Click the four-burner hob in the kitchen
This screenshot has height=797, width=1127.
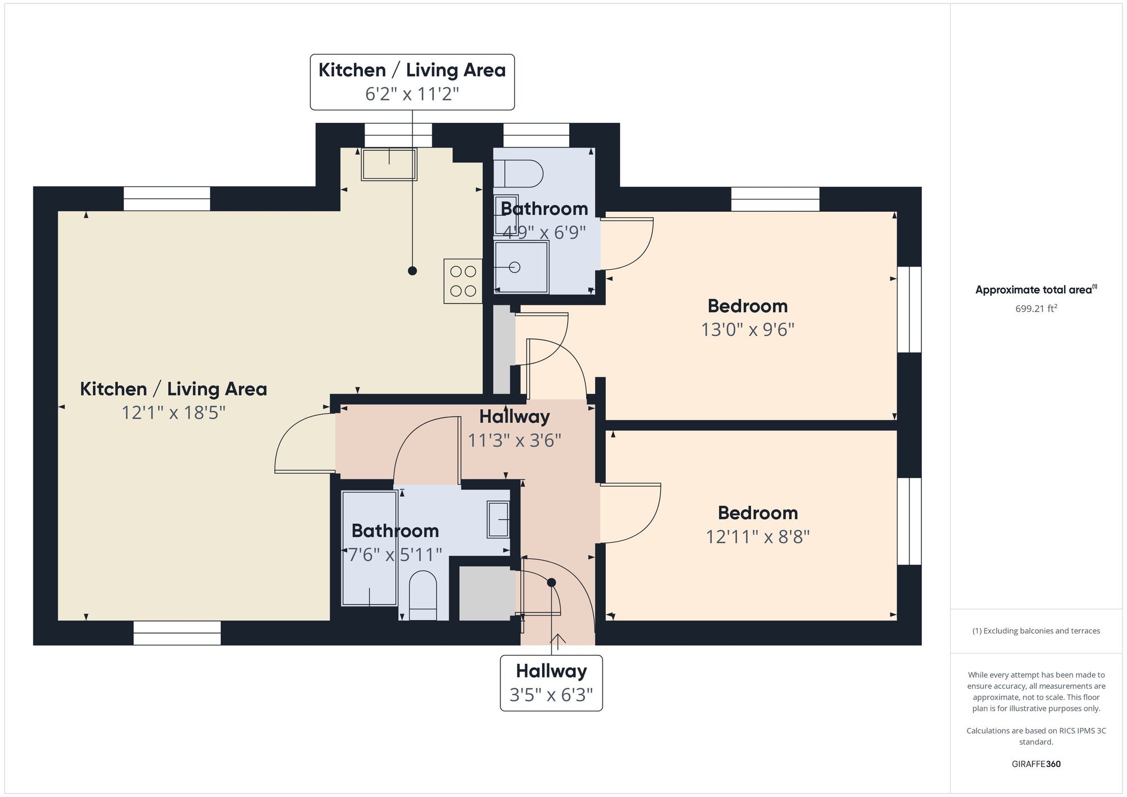463,281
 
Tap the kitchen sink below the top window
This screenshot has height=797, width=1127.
389,164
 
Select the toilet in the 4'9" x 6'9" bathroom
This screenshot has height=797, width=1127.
518,173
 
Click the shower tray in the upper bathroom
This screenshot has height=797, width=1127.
521,268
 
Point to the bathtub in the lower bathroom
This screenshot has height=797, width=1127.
370,549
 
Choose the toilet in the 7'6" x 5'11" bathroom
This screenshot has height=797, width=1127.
423,596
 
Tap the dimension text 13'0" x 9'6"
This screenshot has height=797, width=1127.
748,330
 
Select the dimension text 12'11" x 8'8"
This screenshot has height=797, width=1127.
758,537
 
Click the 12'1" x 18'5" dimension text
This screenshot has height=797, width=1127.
174,413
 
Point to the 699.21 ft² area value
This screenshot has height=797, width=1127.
1036,309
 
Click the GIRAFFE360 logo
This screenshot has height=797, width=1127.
1036,764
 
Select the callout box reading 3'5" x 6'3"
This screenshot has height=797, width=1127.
551,683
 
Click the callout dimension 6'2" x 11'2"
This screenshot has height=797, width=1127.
412,93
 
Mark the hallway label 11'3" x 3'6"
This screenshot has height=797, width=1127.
514,440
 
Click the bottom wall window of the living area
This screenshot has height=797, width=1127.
177,633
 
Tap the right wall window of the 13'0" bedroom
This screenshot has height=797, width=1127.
909,310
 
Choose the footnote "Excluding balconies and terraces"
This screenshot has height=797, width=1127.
1036,631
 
